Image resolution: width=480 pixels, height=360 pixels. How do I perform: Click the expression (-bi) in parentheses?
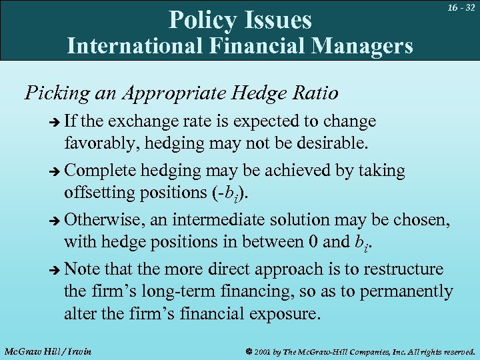pyautogui.click(x=230, y=191)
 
